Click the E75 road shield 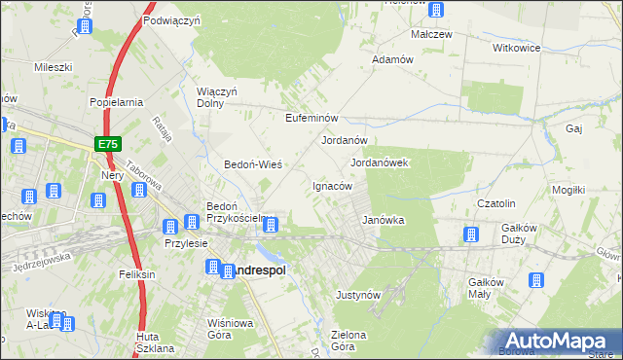pyautogui.click(x=108, y=144)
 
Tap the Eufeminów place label pyautogui.click(x=311, y=118)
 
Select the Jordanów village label pyautogui.click(x=344, y=140)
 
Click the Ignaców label pyautogui.click(x=331, y=186)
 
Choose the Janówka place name pyautogui.click(x=383, y=220)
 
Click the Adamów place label pyautogui.click(x=394, y=59)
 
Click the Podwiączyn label pyautogui.click(x=171, y=19)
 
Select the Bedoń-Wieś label pyautogui.click(x=253, y=164)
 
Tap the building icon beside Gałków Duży pyautogui.click(x=471, y=234)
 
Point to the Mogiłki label pyautogui.click(x=593, y=190)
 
